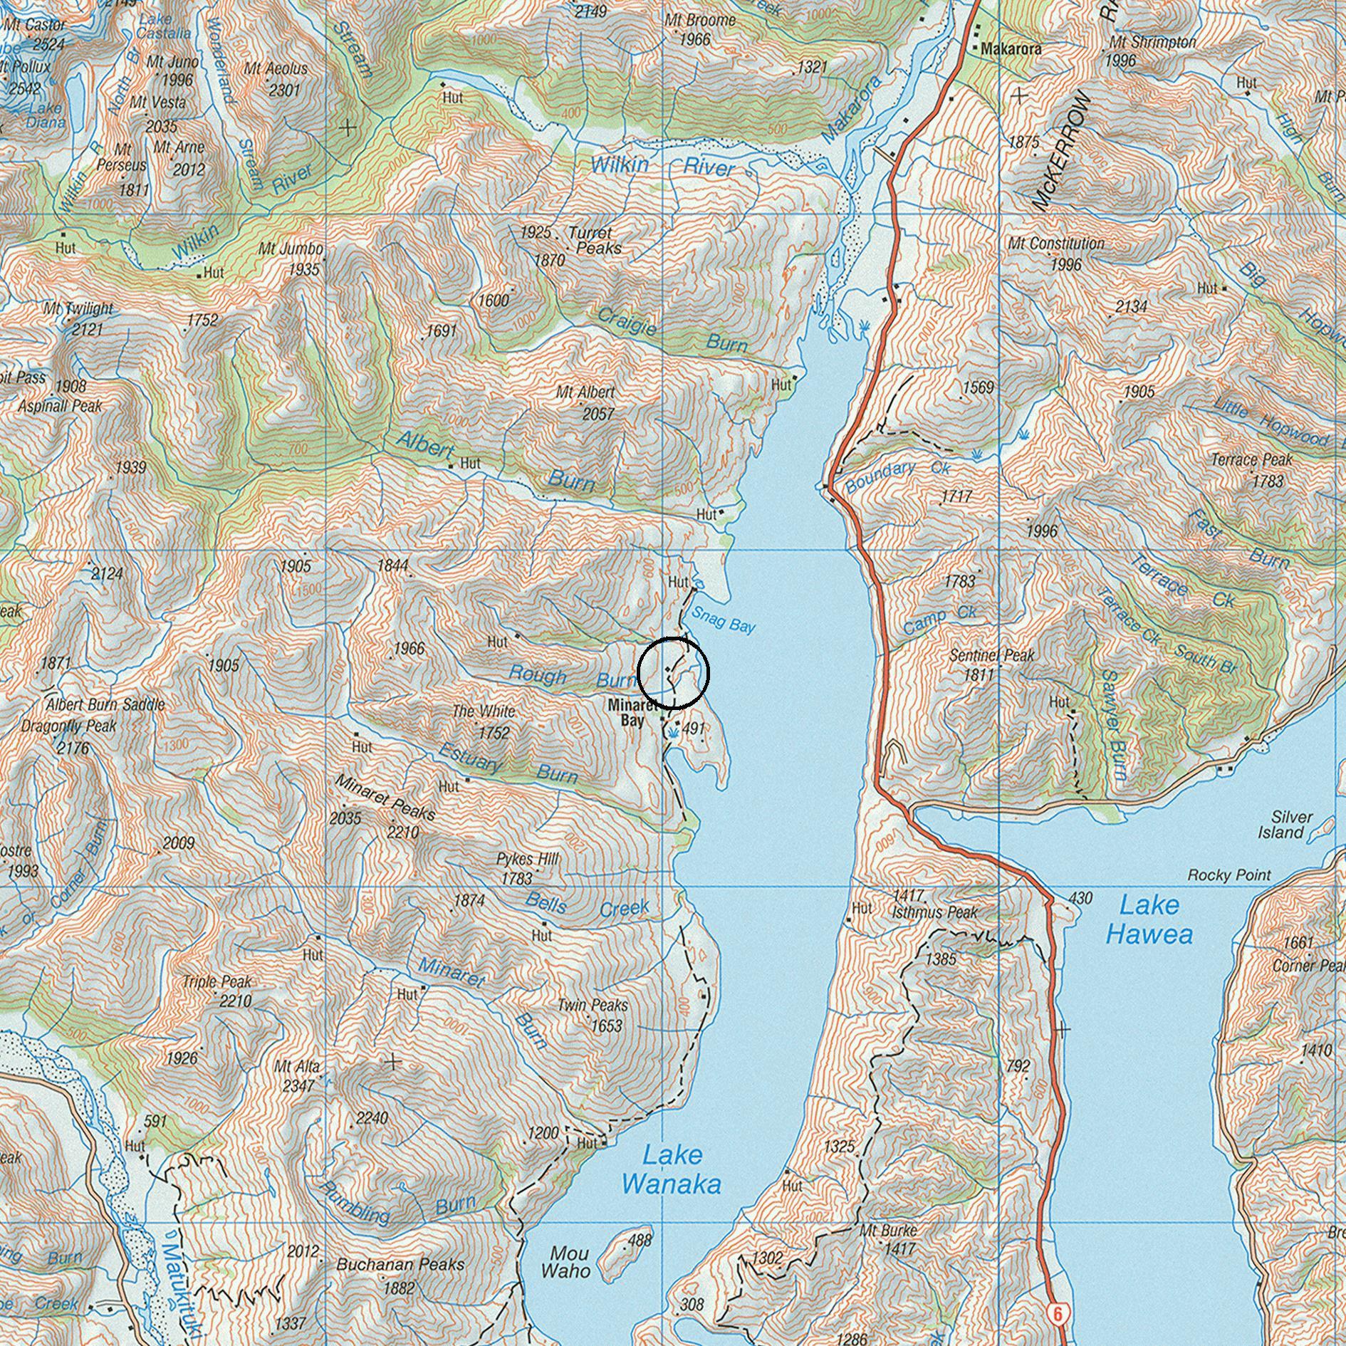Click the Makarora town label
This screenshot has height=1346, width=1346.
(x=1011, y=49)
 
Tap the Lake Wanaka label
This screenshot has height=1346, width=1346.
(x=671, y=1169)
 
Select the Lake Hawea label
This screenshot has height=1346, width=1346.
(x=1148, y=919)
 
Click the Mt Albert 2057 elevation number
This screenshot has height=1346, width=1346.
(x=598, y=414)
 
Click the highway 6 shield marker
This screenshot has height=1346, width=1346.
(x=1058, y=1313)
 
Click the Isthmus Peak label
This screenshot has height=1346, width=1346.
(x=934, y=912)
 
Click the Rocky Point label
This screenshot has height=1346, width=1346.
(x=1228, y=875)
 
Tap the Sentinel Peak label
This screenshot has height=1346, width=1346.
(x=991, y=655)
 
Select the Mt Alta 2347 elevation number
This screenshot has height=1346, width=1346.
(x=298, y=1086)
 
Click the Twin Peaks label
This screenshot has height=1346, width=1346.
(x=592, y=1005)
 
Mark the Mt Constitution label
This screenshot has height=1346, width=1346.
(x=1055, y=244)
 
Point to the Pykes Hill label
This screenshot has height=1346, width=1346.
(x=527, y=860)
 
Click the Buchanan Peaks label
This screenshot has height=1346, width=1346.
(x=400, y=1265)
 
